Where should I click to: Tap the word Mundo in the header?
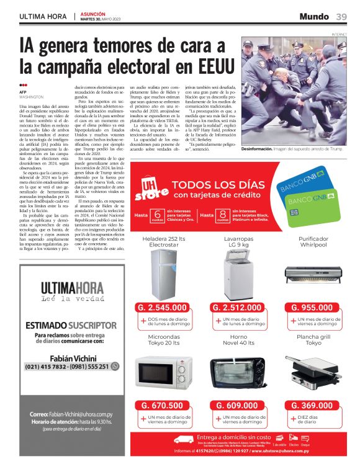[x=314, y=16]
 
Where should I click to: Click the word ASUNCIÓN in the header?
[x=93, y=13]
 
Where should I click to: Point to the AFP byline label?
[x=24, y=92]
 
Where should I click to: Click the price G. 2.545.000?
[x=164, y=307]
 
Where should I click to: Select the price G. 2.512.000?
[x=239, y=307]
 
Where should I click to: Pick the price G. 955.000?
[x=313, y=307]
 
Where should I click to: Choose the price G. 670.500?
[x=164, y=406]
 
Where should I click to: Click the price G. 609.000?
[x=239, y=406]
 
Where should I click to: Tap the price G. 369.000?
[x=313, y=406]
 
